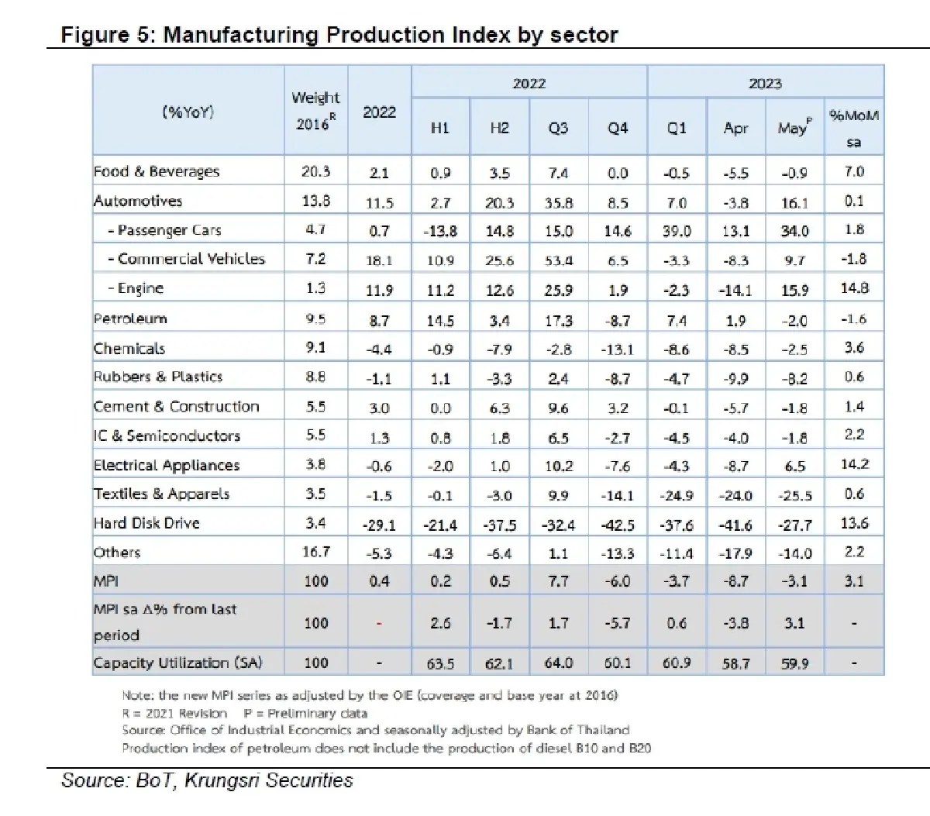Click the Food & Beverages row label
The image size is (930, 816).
[157, 171]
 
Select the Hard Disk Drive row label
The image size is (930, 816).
[146, 523]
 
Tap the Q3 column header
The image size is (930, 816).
[558, 128]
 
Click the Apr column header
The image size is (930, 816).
[735, 128]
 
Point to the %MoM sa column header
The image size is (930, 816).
[854, 129]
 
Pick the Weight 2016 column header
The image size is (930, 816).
[315, 111]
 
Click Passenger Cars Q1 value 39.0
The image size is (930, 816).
[677, 230]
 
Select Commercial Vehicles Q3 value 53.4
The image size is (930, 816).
[558, 260]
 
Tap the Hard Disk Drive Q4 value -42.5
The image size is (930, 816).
[618, 525]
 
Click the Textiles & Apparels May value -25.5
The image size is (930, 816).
[794, 496]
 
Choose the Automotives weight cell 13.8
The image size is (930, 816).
[316, 201]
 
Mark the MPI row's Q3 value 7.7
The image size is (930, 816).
[558, 581]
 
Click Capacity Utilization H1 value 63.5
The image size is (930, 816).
[440, 663]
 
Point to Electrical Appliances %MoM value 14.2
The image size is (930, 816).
[854, 464]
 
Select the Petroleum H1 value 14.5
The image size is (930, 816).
[440, 320]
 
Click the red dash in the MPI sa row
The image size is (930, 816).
[379, 623]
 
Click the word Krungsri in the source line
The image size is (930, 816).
[222, 780]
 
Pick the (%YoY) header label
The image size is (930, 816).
[188, 112]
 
